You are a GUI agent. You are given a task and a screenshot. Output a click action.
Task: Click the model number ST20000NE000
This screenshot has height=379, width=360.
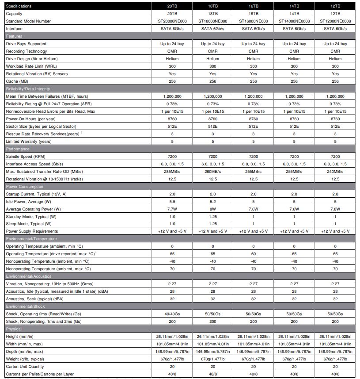[172, 21]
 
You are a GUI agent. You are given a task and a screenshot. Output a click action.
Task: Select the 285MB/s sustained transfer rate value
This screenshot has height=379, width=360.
[172, 171]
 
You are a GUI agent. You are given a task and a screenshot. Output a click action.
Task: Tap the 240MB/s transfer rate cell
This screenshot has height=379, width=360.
[335, 171]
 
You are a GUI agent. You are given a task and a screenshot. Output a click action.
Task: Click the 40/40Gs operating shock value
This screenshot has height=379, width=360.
[172, 314]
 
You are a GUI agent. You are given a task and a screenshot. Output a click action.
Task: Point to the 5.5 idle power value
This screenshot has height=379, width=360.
[172, 201]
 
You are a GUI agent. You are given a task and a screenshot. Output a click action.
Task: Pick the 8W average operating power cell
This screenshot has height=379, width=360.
[212, 209]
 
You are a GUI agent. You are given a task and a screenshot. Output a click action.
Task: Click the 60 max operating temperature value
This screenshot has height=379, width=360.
[254, 254]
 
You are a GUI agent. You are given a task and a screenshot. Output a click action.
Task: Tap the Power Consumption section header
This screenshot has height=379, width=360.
[25, 186]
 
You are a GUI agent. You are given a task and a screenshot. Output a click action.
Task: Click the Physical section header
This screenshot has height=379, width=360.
[14, 329]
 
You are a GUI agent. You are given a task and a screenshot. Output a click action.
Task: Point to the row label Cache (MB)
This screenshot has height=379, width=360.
[17, 81]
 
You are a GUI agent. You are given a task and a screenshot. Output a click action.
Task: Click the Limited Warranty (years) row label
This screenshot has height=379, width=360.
[29, 141]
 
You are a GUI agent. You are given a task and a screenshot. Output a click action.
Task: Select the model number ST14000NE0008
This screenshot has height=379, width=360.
[294, 21]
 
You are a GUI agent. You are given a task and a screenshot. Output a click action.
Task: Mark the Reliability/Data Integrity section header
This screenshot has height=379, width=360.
[28, 89]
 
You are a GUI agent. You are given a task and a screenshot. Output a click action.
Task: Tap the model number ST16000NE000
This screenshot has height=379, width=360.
[254, 21]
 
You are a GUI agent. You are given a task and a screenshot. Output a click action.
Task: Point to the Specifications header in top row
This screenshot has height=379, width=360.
[19, 6]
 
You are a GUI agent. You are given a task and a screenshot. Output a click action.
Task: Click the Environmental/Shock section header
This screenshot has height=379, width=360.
[25, 306]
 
